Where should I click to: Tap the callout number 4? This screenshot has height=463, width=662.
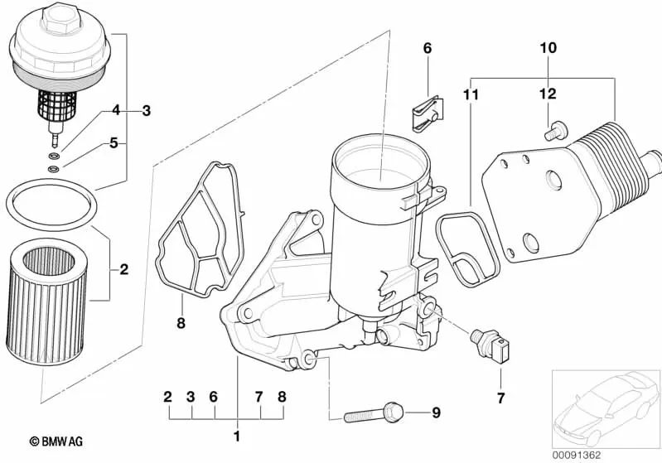point(116,110)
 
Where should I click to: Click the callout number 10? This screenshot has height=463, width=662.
point(548,49)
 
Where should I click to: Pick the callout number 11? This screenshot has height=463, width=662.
point(471,95)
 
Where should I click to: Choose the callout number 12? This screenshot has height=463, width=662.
point(548,94)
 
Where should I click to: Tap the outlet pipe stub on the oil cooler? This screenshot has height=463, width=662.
point(651,155)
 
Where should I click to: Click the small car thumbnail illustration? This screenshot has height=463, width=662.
point(604,405)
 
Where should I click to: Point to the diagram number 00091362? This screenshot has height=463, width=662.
point(606,453)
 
